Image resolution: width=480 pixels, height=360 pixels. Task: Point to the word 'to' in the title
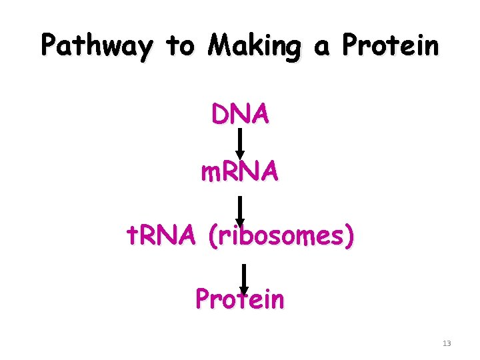[179, 46]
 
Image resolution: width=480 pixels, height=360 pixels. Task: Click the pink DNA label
[241, 115]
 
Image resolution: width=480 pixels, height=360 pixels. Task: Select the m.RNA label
[240, 173]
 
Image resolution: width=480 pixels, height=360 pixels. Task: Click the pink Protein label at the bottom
[240, 299]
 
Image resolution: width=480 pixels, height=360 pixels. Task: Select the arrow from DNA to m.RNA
[240, 144]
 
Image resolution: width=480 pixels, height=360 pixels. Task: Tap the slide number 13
[447, 343]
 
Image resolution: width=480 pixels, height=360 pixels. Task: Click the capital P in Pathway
[48, 45]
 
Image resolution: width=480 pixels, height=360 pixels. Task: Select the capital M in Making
[219, 45]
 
